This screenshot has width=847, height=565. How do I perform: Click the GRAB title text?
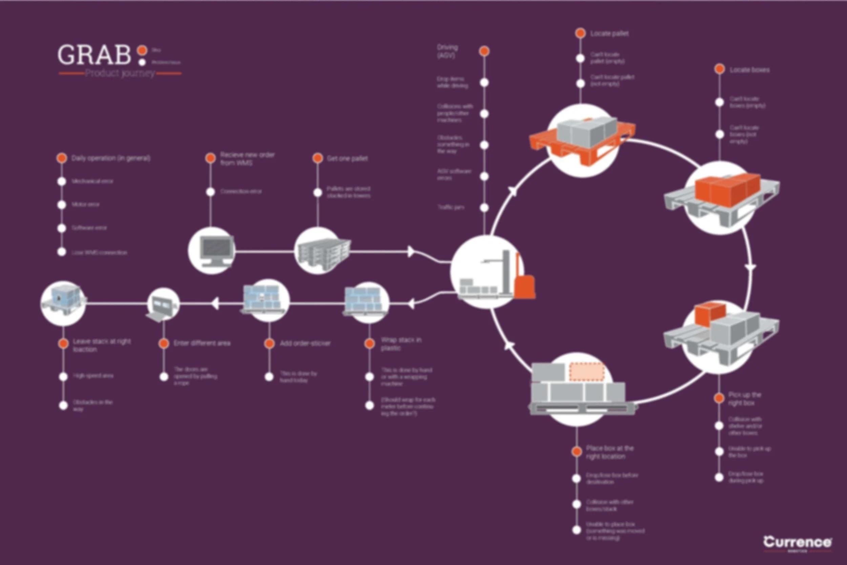pos(94,55)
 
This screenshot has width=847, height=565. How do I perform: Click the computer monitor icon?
pos(216,251)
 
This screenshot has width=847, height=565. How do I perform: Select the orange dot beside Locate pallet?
pos(580,34)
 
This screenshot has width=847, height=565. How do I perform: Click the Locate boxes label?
pos(749,70)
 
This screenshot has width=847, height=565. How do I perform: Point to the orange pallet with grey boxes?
pos(583,139)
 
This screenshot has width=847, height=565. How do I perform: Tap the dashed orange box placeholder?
pos(586,371)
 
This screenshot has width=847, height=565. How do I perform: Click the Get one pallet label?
pos(347,159)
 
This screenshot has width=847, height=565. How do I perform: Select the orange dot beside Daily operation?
pos(62,158)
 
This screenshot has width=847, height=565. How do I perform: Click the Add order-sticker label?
pos(305,343)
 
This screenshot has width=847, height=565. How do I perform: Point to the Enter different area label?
pos(202,343)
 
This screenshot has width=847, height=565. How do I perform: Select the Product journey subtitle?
pos(120,73)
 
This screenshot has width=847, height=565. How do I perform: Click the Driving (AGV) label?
pos(447,51)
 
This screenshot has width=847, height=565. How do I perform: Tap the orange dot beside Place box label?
pos(577,451)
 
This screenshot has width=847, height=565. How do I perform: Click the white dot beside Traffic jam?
pos(484,207)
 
